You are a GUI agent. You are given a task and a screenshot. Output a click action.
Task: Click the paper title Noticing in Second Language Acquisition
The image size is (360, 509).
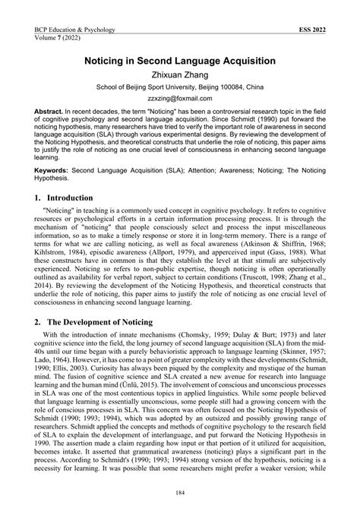(x=180, y=58)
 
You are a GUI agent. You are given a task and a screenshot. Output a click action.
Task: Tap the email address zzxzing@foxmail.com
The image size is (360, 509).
(x=180, y=99)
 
